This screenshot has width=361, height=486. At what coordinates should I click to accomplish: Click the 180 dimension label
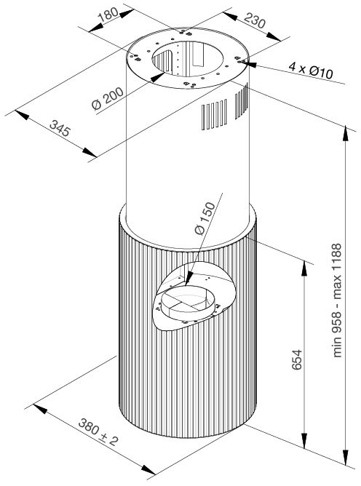(x=108, y=14)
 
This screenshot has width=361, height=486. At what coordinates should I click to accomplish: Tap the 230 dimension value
(x=255, y=20)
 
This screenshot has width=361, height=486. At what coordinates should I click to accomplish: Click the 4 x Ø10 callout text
(x=311, y=70)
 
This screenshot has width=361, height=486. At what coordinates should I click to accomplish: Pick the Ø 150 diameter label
(x=205, y=218)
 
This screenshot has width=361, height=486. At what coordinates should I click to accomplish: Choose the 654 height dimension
(x=297, y=359)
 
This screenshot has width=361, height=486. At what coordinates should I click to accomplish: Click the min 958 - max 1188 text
(x=337, y=300)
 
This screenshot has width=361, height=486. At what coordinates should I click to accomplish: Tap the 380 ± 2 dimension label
(x=98, y=432)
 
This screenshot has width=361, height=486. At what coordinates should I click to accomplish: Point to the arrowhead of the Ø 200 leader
(x=158, y=76)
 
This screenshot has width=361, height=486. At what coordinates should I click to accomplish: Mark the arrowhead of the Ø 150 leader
(x=188, y=279)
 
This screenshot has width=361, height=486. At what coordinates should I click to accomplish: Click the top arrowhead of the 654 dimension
(x=304, y=268)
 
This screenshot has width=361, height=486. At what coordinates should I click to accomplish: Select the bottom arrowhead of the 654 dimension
(x=304, y=441)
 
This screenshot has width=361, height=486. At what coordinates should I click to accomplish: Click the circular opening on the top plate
(x=187, y=58)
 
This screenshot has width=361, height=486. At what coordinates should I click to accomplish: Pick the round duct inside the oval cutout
(x=187, y=303)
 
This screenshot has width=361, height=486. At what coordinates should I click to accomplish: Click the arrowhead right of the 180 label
(x=127, y=13)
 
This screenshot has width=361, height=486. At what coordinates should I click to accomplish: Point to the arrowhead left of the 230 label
(x=230, y=16)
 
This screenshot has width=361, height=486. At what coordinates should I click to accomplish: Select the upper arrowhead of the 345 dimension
(x=22, y=115)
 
